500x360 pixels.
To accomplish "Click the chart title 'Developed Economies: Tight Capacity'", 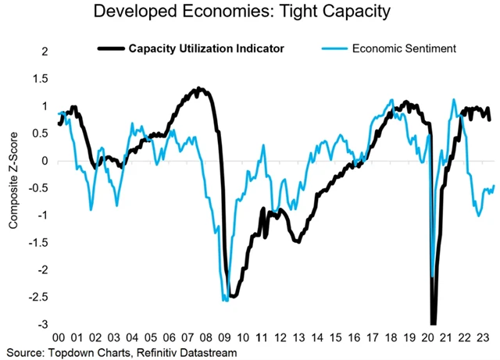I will pos(250,12).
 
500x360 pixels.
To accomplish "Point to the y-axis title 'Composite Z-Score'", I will pos(15,187).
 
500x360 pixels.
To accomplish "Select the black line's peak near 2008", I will pos(200,89).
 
